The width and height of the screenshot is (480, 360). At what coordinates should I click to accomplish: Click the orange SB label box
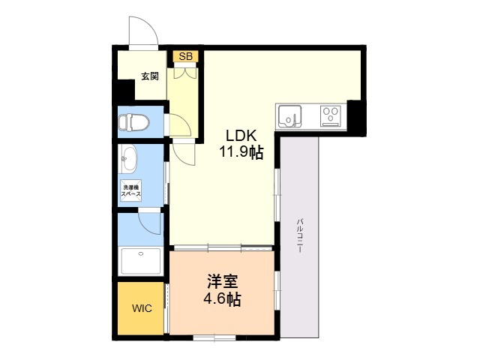click(x=185, y=56)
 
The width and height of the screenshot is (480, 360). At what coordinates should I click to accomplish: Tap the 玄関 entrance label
click(x=150, y=76)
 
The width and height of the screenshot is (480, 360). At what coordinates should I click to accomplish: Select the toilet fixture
click(x=133, y=122)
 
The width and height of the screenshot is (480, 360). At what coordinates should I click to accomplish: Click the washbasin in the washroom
click(x=130, y=158)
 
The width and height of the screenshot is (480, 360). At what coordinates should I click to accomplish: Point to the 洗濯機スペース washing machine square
click(x=131, y=190)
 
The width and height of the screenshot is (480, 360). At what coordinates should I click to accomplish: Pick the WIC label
click(x=142, y=308)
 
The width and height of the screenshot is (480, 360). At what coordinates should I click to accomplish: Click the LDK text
click(x=241, y=135)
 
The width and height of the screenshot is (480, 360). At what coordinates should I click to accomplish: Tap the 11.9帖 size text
click(x=241, y=151)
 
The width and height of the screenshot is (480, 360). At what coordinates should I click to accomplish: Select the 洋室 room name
click(x=223, y=282)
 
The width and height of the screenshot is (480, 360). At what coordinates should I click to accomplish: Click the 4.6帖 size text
click(x=223, y=299)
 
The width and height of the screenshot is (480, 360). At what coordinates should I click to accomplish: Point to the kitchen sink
click(x=289, y=116)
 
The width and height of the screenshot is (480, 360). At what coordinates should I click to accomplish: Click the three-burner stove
click(x=331, y=116)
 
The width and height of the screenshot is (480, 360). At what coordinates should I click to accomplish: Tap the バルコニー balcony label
click(x=300, y=235)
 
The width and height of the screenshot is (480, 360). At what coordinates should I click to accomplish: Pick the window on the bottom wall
click(x=214, y=337)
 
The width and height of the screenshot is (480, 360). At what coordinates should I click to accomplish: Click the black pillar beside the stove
click(x=356, y=118)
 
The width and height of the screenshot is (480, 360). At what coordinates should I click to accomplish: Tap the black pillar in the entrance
click(x=126, y=90)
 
